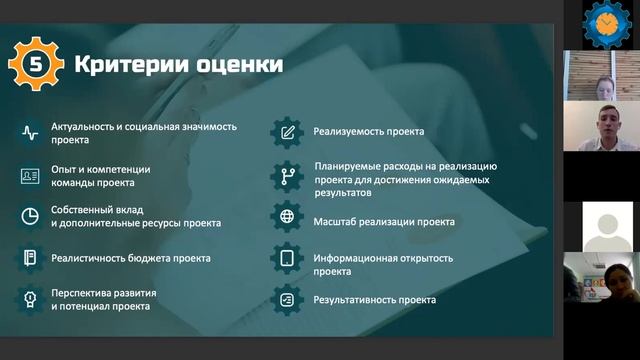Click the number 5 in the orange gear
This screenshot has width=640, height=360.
coord(36,65)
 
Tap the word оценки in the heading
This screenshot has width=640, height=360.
coord(238,66)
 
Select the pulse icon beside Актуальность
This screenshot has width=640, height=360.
coord(30,132)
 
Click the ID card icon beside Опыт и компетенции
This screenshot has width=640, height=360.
coord(30,176)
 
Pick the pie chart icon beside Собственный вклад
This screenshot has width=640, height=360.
coord(30,216)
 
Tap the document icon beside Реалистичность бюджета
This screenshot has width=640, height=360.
coord(30,258)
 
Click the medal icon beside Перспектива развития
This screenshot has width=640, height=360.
coord(30,298)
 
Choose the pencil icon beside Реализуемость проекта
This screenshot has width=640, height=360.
coord(288,131)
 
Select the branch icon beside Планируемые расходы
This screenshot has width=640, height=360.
coord(288,176)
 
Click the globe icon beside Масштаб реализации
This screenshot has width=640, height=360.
coord(288,217)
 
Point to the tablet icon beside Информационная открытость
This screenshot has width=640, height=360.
coord(288,259)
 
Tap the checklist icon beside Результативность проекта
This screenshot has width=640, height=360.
coord(288,299)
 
